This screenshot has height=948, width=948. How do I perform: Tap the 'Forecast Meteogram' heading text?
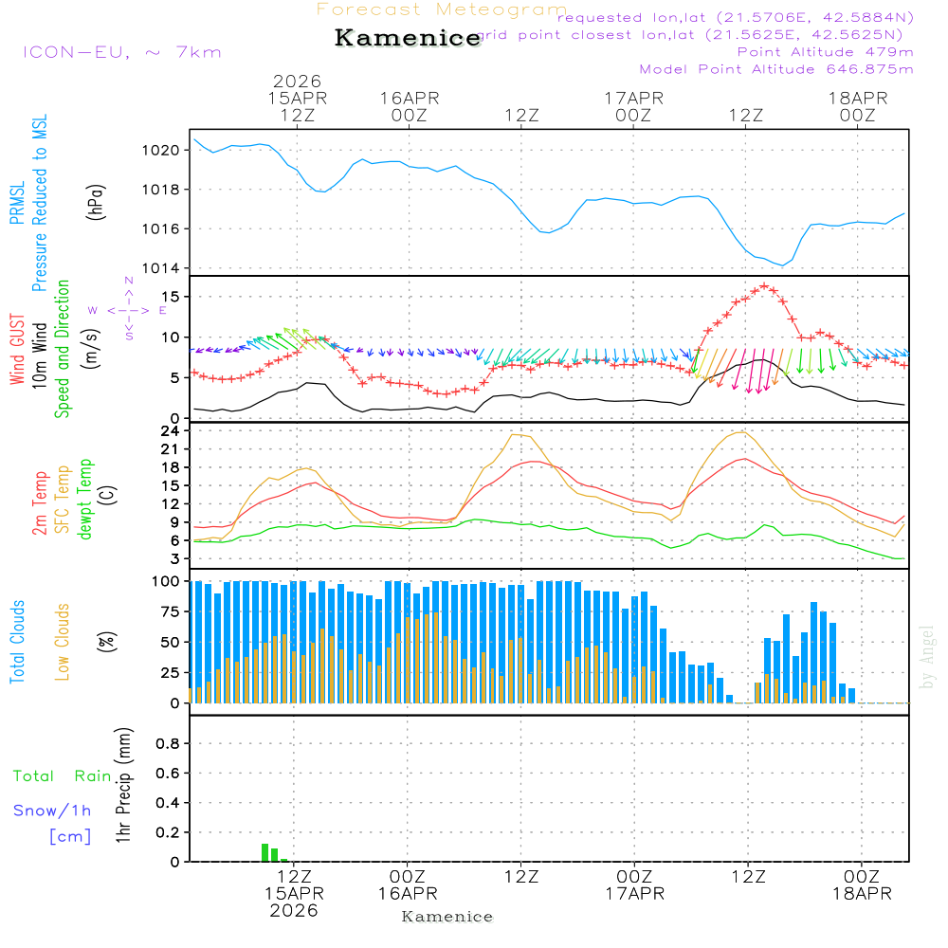pyautogui.click(x=442, y=9)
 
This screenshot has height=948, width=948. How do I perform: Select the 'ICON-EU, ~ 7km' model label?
pyautogui.click(x=122, y=51)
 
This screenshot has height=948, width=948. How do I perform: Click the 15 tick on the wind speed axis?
pyautogui.click(x=173, y=297)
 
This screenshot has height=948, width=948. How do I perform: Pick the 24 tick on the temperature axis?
pyautogui.click(x=171, y=430)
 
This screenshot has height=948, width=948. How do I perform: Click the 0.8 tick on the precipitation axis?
pyautogui.click(x=168, y=744)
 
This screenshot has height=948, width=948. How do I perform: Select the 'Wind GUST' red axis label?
pyautogui.click(x=17, y=351)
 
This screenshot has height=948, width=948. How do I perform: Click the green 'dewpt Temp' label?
pyautogui.click(x=85, y=500)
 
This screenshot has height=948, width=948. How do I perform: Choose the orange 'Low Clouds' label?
pyautogui.click(x=63, y=641)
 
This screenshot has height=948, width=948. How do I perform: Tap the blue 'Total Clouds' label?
pyautogui.click(x=17, y=641)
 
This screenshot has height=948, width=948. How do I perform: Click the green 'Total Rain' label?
pyautogui.click(x=62, y=776)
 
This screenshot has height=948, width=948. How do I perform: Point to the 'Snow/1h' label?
pyautogui.click(x=53, y=811)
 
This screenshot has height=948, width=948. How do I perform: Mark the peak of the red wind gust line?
pyautogui.click(x=764, y=286)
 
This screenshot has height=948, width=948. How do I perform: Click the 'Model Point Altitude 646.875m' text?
pyautogui.click(x=776, y=69)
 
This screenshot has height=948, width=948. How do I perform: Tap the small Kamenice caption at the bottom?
pyautogui.click(x=447, y=917)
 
